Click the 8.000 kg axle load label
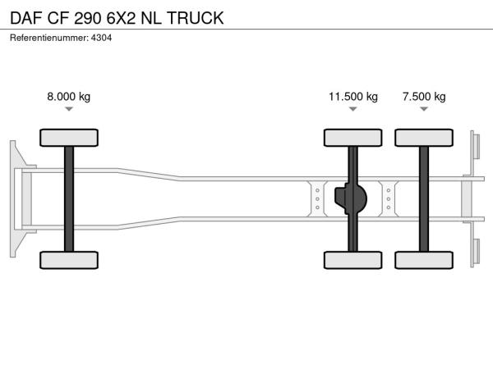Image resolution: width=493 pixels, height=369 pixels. tap(69, 96)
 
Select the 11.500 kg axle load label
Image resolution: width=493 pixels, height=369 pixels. tap(353, 96)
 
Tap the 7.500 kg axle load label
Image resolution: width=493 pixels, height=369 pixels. tap(424, 96)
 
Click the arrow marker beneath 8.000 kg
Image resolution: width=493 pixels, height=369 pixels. tap(69, 109)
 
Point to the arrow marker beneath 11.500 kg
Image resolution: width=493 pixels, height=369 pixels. tap(353, 109)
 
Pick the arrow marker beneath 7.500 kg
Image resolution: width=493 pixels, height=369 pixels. tap(424, 109)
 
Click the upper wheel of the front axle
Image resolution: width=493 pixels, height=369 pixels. tap(69, 138)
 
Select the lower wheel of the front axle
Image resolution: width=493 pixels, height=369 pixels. tap(69, 260)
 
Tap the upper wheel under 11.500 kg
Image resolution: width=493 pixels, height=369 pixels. tap(353, 138)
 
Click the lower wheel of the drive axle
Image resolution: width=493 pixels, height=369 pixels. tap(353, 260)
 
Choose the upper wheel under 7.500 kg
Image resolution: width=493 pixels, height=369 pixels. tap(424, 138)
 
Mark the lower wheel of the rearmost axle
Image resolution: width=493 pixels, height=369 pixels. tap(424, 260)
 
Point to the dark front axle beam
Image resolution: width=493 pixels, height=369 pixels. tap(69, 199)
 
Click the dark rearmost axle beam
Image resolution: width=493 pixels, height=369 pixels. tap(424, 199)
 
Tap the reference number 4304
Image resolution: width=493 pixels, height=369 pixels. tap(101, 38)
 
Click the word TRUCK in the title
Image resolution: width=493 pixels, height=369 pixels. tap(196, 18)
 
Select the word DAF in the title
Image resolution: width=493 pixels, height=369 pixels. tap(26, 18)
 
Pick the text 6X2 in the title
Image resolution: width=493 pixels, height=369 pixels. tap(122, 18)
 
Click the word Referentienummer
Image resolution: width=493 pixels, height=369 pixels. tap(49, 38)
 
